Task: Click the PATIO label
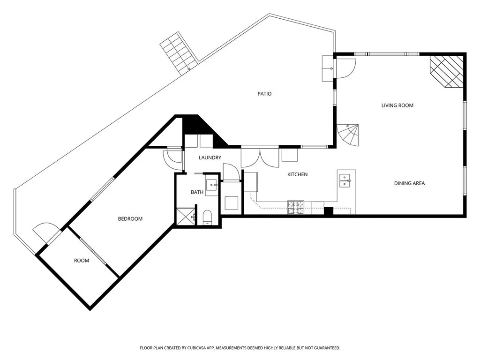[x=264, y=94]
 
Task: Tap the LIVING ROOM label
[x=397, y=105]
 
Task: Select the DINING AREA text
[x=409, y=183]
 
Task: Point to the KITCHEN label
[x=297, y=174]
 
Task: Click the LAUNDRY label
[x=210, y=157]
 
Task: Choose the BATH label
[x=197, y=192]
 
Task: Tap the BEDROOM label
[x=130, y=219]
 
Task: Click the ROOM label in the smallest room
[x=82, y=261]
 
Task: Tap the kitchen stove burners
[x=295, y=207]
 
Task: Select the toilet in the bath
[x=208, y=217]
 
